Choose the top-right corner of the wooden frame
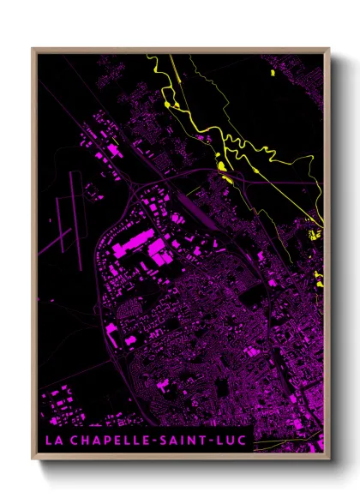click(x=328, y=50)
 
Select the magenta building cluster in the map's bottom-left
click(x=64, y=403)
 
